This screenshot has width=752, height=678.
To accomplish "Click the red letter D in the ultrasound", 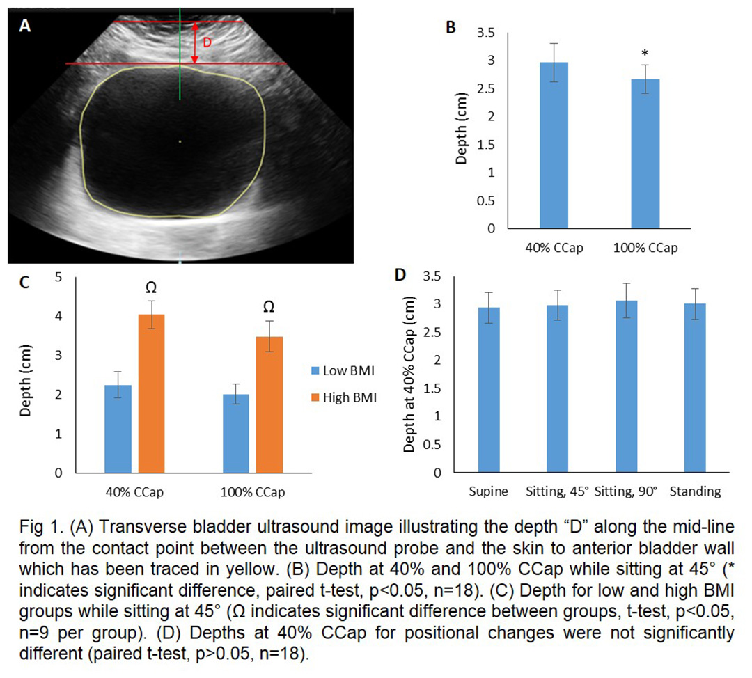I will pos(207,42).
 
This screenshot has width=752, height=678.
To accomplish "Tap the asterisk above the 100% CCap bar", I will pos(645,54).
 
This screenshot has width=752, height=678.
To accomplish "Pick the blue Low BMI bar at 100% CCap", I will pos(236,433).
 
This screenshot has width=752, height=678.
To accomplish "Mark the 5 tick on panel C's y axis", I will pos(59,277).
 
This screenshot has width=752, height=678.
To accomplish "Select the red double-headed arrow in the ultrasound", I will pos(195,42).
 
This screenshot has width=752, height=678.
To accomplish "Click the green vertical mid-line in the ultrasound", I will pos(180,84).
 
